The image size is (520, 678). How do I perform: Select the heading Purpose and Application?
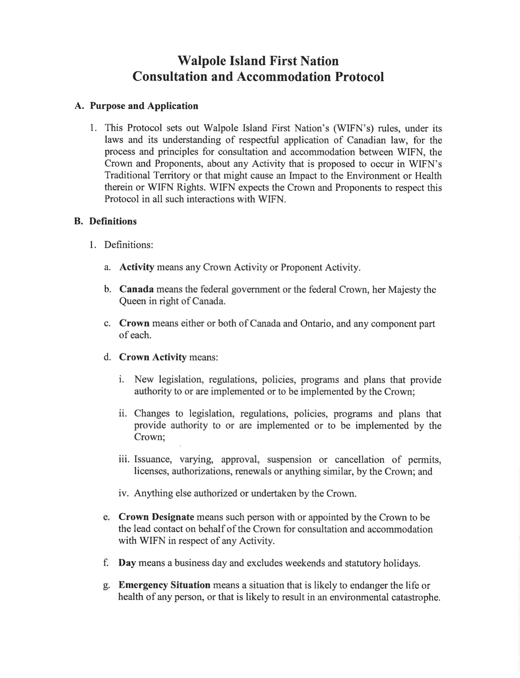pos(144,106)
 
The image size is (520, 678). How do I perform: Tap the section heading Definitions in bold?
pos(113,221)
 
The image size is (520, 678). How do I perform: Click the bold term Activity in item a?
pos(136,267)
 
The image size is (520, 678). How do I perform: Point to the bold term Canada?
pos(136,290)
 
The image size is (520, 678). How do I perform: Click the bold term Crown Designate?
pos(156,517)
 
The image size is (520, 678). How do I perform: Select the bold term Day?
pos(127,563)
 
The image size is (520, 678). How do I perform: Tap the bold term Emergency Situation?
pos(164,585)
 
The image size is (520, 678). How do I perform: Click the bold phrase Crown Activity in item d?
pos(153,357)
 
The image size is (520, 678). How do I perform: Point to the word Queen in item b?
pos(131,301)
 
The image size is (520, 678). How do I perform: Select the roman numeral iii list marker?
pos(124,460)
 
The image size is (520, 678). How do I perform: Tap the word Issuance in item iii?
pos(153,460)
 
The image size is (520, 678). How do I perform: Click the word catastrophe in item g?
pos(413,597)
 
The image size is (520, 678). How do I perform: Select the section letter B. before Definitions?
pos(78,221)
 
